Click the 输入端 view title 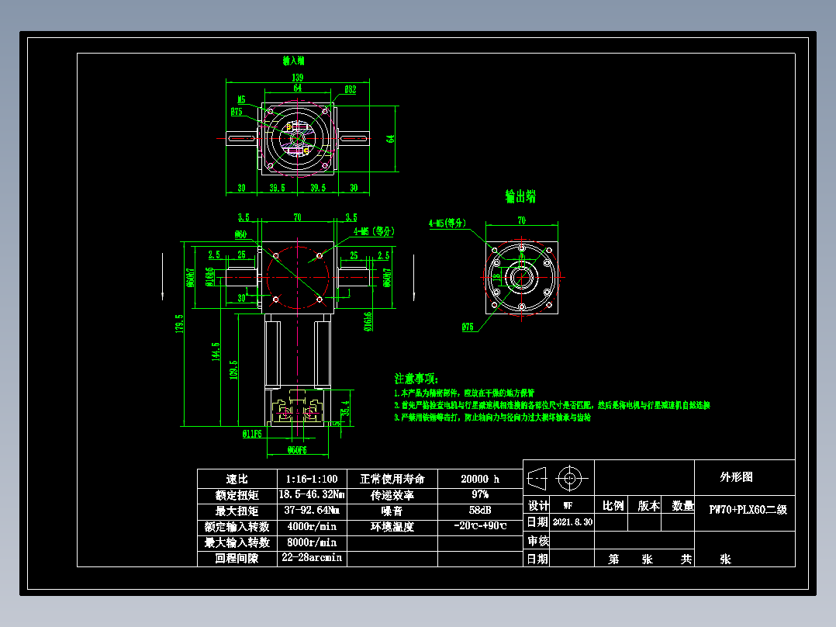[x=293, y=60]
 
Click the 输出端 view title [x=520, y=196]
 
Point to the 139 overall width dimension [x=297, y=78]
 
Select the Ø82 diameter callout [x=350, y=90]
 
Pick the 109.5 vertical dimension [x=235, y=369]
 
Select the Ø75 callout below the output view [x=468, y=327]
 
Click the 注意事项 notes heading [x=416, y=379]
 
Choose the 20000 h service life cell [x=480, y=480]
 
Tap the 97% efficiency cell [x=480, y=495]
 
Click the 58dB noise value [x=480, y=511]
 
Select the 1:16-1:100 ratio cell [x=310, y=480]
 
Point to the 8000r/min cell [x=310, y=542]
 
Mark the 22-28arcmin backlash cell [x=310, y=558]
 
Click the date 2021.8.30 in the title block [x=572, y=522]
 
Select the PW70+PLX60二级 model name [x=748, y=510]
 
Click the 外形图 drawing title [x=736, y=477]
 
